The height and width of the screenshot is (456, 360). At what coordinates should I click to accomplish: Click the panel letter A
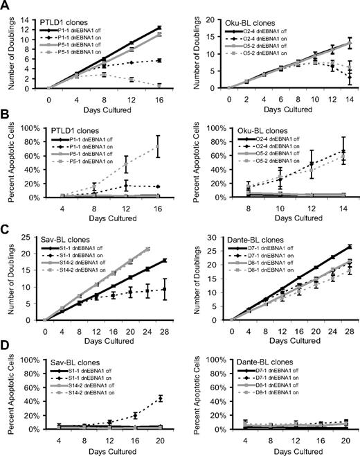6,6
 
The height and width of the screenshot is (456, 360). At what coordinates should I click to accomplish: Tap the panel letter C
6,231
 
